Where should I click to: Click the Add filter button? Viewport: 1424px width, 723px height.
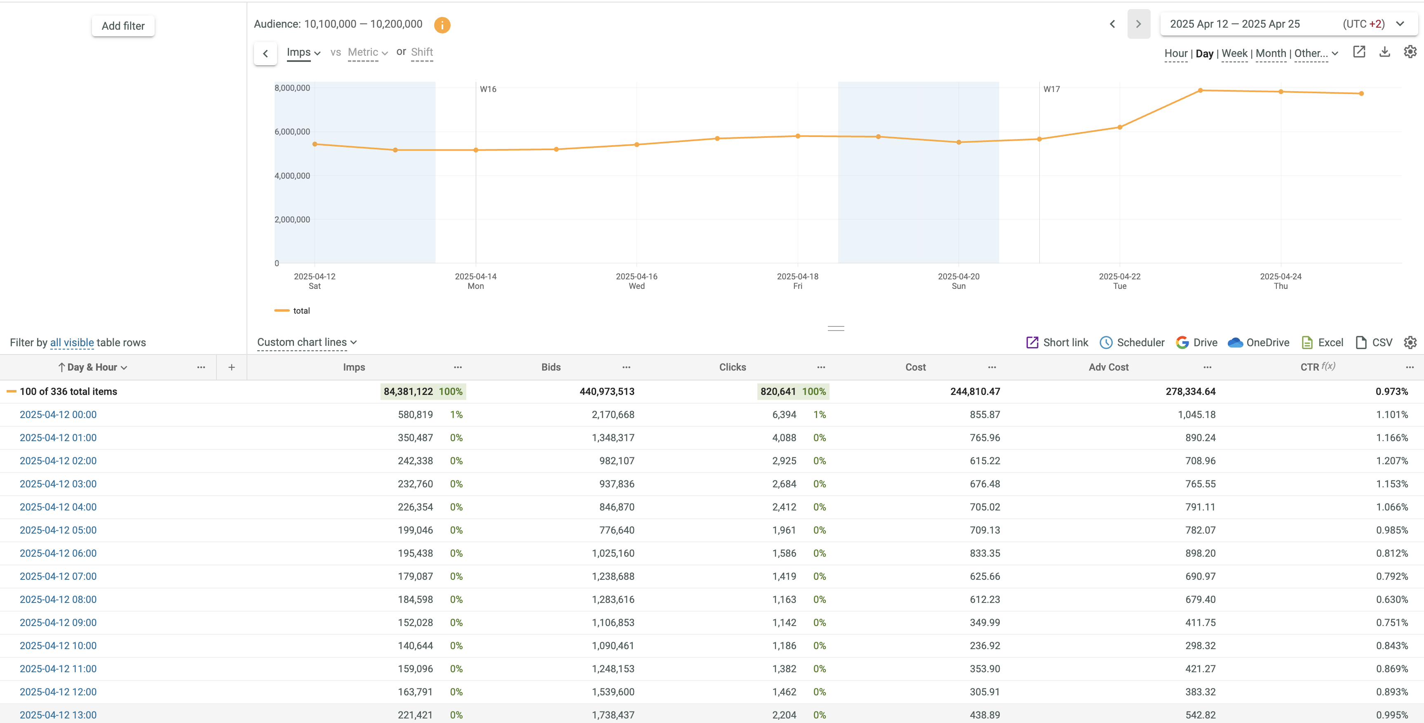coord(123,26)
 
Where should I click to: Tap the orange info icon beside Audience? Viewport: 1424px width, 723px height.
coord(442,25)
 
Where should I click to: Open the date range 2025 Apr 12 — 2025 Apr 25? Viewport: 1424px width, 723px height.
coord(1234,24)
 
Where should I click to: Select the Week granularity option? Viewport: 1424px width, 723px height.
coord(1234,54)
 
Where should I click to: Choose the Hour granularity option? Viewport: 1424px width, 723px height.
coord(1175,54)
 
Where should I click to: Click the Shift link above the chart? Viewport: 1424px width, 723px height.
coord(422,52)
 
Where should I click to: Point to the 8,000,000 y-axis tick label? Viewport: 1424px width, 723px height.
coord(292,88)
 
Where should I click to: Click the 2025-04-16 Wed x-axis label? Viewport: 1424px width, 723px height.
coord(636,281)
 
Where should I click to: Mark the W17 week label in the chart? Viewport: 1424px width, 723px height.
coord(1051,89)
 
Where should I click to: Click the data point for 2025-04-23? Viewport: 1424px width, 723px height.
coord(1200,90)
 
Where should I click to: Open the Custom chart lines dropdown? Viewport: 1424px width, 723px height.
coord(307,343)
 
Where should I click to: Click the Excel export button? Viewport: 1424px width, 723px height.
coord(1322,343)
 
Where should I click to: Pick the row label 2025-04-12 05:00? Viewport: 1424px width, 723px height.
coord(58,530)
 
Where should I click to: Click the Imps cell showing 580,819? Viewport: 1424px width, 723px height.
coord(415,415)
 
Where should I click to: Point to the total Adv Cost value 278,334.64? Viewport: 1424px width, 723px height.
coord(1190,392)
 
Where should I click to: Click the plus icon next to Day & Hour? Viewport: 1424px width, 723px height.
coord(232,367)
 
